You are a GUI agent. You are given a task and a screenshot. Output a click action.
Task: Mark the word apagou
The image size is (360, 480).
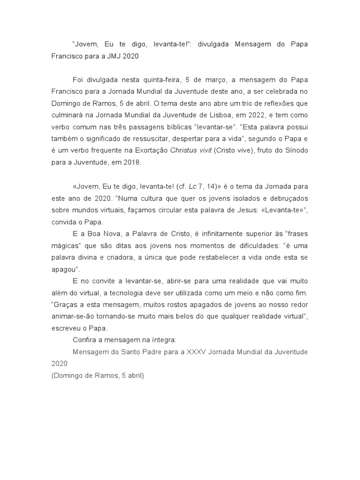point(65,269)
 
